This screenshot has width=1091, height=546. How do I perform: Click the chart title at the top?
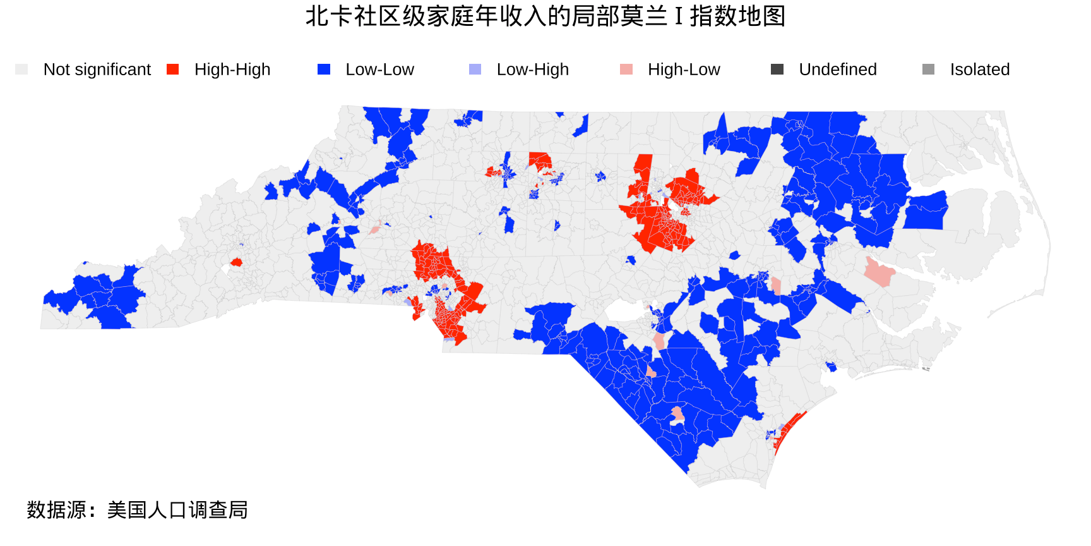tap(545, 16)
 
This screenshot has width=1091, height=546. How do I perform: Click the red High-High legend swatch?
tap(172, 70)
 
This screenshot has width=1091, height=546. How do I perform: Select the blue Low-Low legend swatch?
tap(324, 70)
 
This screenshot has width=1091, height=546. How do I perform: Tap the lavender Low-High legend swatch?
tap(475, 70)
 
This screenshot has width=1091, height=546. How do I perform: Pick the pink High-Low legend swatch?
tap(626, 70)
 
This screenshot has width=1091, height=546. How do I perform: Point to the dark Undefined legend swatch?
tap(777, 70)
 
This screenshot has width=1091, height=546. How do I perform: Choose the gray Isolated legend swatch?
tap(928, 70)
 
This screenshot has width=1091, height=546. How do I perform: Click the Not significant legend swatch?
tap(21, 70)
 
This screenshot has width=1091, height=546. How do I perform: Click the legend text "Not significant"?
tap(97, 70)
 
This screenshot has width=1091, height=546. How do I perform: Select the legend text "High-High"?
tap(232, 70)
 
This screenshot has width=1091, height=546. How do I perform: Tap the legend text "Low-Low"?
tap(379, 70)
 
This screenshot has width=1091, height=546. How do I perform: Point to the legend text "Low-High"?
tap(533, 70)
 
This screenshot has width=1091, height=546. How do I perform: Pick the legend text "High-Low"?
tap(684, 70)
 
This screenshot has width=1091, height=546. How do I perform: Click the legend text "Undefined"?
tap(838, 70)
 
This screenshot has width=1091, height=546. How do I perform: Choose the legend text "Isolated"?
tap(980, 70)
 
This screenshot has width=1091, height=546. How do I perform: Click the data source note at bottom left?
tap(137, 510)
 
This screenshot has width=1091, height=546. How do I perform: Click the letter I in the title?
tap(679, 17)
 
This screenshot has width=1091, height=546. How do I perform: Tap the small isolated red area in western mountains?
tap(236, 262)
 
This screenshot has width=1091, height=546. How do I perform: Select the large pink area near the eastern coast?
tap(879, 272)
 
